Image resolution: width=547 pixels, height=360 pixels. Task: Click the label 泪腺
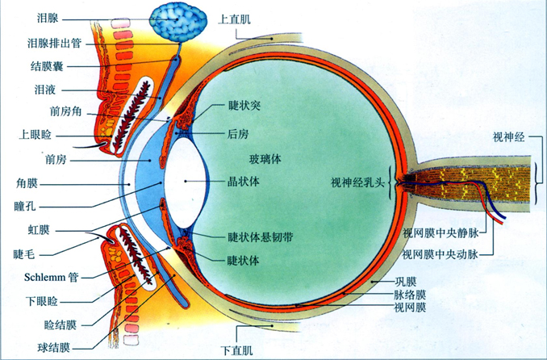point(48,18)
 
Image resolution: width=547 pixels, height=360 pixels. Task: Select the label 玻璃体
point(265,160)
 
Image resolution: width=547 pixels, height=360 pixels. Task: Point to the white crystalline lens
point(185,182)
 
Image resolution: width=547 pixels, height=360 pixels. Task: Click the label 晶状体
point(244,182)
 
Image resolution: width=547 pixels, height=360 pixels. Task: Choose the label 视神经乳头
point(357,182)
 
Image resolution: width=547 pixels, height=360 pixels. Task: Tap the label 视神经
point(508,137)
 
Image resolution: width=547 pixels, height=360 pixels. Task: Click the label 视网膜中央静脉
point(441,233)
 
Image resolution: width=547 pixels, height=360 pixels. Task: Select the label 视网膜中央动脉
point(441,254)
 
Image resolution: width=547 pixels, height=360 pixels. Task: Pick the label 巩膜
point(405,282)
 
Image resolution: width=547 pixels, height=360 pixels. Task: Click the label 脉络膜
point(410,295)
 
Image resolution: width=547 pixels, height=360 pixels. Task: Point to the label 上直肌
point(235,19)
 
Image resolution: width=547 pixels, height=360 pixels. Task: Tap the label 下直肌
point(237,350)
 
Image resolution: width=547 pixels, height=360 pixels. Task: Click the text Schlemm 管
point(52,278)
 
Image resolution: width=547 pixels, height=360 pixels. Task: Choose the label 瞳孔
point(25,206)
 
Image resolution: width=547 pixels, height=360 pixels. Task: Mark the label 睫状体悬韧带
point(261,237)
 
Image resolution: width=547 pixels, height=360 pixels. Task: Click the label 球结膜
point(54,347)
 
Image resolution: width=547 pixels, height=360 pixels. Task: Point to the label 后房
point(238,134)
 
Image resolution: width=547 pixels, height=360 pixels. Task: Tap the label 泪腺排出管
point(54,44)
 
